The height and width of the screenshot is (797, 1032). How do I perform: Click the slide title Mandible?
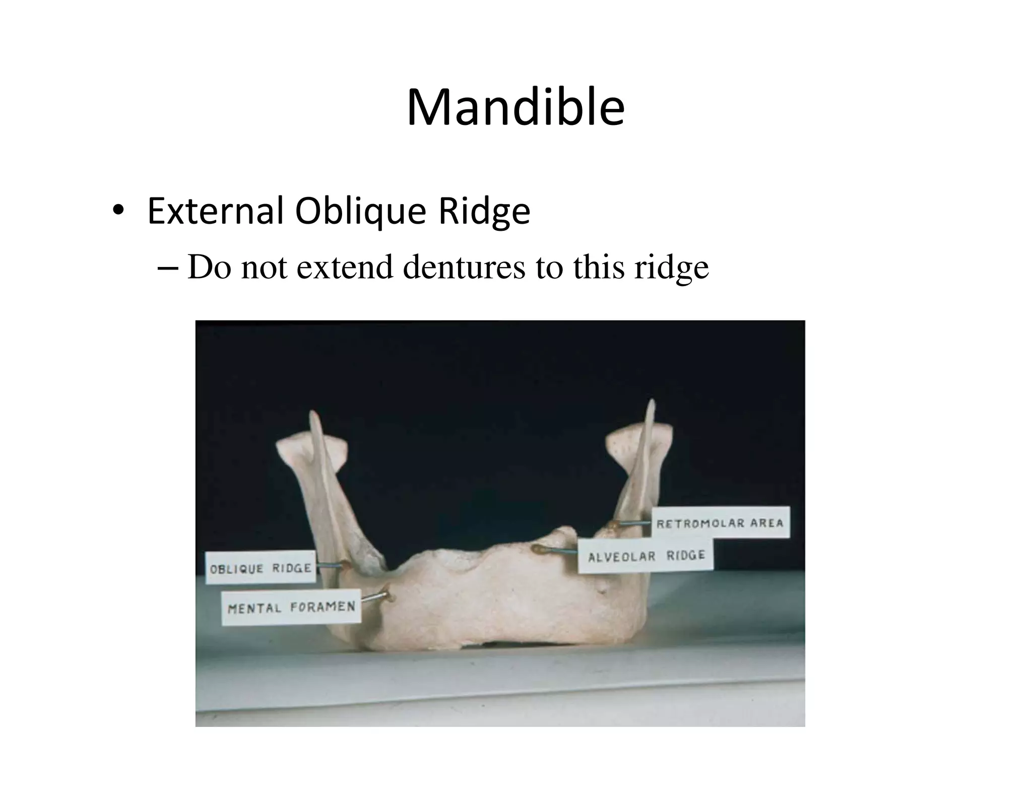point(515,108)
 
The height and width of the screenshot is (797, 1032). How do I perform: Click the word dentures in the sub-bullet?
point(464,267)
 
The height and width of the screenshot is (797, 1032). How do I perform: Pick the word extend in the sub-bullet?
point(345,267)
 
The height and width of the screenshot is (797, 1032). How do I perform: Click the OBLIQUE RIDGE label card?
point(261,568)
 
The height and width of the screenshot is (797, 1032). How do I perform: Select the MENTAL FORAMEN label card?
point(291,607)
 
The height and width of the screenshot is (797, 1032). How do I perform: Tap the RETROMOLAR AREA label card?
point(720,523)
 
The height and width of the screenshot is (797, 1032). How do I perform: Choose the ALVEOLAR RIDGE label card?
point(646,556)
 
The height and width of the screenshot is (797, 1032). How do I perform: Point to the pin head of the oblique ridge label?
point(344,565)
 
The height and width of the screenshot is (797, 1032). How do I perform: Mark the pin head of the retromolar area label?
point(613,525)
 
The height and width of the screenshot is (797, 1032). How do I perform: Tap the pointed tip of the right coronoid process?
point(652,402)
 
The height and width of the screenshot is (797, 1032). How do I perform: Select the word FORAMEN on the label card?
point(322,607)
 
